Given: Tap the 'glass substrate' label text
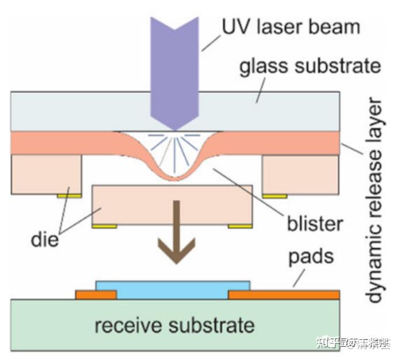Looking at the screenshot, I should point(309,67).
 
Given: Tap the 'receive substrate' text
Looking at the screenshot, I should point(174,326).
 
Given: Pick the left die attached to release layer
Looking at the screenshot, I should point(47,173).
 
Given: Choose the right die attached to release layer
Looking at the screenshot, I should point(298,173).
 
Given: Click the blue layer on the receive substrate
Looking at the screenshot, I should point(172,290).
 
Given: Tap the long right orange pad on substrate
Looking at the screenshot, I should point(284,295).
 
